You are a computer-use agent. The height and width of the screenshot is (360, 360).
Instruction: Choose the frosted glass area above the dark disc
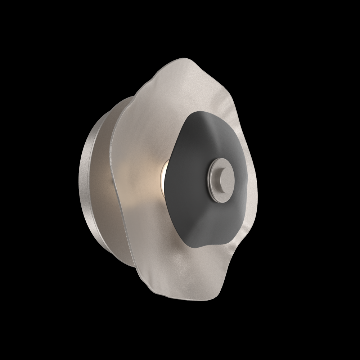tap(180, 90)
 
